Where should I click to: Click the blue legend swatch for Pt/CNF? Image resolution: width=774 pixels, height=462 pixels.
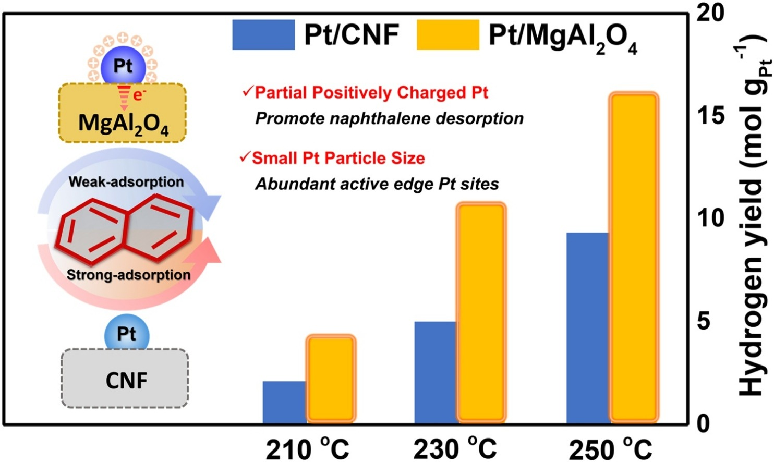click(x=263, y=35)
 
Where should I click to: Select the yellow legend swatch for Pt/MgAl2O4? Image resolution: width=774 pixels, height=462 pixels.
click(x=448, y=35)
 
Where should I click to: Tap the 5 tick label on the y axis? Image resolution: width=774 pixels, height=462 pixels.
click(x=704, y=321)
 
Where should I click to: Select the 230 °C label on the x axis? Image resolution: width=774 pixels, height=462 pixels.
click(x=455, y=448)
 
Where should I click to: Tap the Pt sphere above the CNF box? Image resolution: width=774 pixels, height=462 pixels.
click(x=127, y=334)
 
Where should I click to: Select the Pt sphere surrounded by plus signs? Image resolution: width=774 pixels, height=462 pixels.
click(x=123, y=66)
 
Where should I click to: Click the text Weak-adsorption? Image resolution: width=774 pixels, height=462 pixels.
click(x=126, y=182)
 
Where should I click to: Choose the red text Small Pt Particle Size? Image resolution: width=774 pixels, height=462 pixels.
click(x=338, y=158)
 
